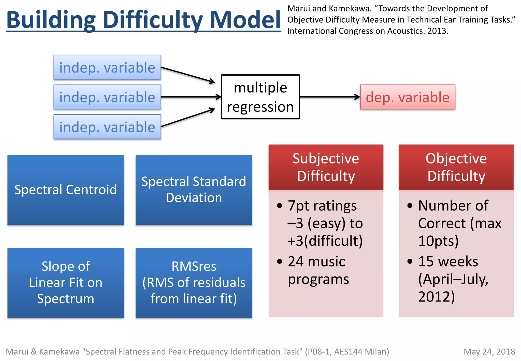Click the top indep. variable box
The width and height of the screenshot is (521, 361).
pyautogui.click(x=107, y=67)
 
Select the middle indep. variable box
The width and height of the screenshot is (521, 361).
pyautogui.click(x=107, y=97)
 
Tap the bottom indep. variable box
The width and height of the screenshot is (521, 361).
pyautogui.click(x=107, y=127)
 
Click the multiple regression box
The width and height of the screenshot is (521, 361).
pyautogui.click(x=260, y=97)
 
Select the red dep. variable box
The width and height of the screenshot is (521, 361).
pyautogui.click(x=408, y=97)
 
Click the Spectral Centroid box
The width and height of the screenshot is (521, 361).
pyautogui.click(x=66, y=190)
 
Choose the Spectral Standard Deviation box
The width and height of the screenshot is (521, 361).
pyautogui.click(x=194, y=190)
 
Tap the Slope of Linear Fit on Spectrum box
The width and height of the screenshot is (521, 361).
pyautogui.click(x=66, y=283)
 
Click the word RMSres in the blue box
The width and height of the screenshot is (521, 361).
pyautogui.click(x=194, y=267)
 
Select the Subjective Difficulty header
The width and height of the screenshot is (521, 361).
pyautogui.click(x=326, y=167)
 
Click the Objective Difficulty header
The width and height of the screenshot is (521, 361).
pyautogui.click(x=456, y=167)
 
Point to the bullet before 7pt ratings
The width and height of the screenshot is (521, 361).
pyautogui.click(x=280, y=205)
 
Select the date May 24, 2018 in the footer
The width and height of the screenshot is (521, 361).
pyautogui.click(x=489, y=352)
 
